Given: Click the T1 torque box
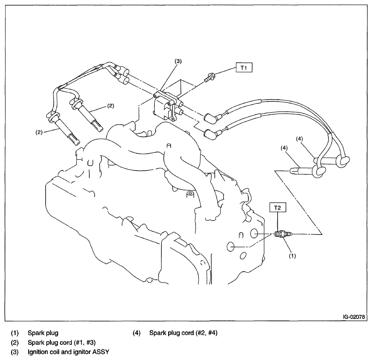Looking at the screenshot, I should pos(245,67).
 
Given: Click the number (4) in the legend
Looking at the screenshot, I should pos(137,332).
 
